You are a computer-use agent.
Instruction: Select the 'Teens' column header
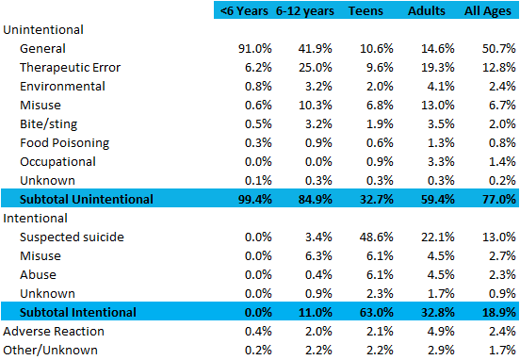pos(366,10)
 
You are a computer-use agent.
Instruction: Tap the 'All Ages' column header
pos(484,10)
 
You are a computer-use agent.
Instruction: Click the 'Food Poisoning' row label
pos(65,142)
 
